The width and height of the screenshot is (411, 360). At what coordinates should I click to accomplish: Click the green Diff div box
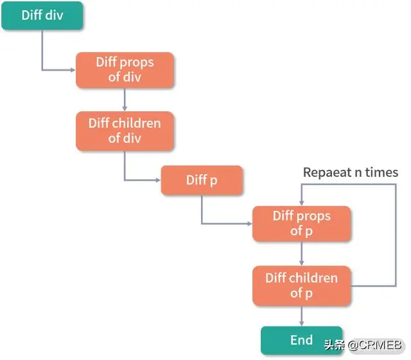(x=42, y=15)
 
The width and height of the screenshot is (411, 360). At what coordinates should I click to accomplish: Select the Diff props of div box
(x=125, y=70)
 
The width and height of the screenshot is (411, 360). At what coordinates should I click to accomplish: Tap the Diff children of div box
(x=125, y=131)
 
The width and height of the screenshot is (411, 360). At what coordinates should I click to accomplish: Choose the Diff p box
(x=202, y=180)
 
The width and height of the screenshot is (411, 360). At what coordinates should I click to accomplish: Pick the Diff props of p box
(x=302, y=224)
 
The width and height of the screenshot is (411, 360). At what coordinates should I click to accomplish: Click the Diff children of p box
(x=302, y=285)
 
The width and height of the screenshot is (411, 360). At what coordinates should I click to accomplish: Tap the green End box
(x=302, y=340)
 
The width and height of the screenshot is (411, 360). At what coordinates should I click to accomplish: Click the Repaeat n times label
(x=351, y=173)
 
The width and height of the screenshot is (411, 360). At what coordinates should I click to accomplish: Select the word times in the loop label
(x=382, y=172)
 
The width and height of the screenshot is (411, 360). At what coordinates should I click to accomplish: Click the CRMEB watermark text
(x=375, y=345)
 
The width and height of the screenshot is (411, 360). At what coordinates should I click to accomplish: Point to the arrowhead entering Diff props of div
(x=73, y=70)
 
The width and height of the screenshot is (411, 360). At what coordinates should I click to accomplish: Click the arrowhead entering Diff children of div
(x=125, y=109)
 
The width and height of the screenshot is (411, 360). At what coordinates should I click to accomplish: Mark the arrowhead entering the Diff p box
(x=158, y=180)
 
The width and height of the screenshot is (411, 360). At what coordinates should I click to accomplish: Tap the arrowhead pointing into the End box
(x=302, y=323)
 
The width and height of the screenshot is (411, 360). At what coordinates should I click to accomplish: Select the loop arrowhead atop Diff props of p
(x=302, y=203)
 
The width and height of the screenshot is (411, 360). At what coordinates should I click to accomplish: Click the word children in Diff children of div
(x=136, y=123)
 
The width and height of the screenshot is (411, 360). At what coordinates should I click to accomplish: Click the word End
(x=302, y=340)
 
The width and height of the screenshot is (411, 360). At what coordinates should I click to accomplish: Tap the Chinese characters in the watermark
(x=335, y=345)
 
